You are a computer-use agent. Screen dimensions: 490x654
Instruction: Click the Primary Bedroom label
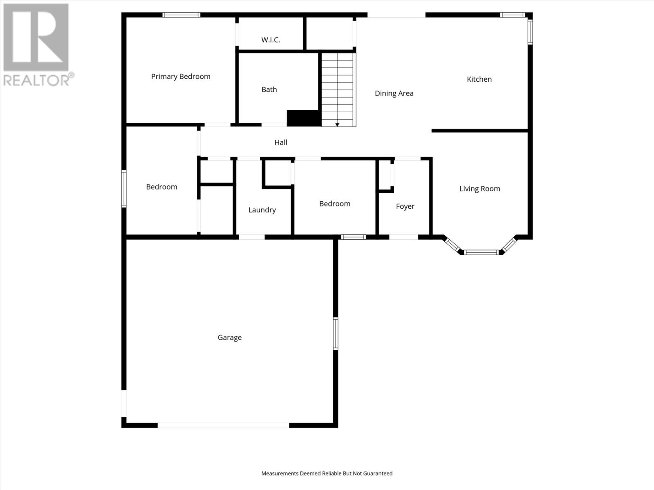[181, 76]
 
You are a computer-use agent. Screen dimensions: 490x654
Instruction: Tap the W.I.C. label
[271, 40]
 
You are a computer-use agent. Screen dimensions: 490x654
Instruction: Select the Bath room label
[269, 89]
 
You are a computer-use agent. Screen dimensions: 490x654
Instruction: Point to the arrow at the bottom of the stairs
[337, 124]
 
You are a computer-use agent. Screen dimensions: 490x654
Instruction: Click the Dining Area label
[394, 93]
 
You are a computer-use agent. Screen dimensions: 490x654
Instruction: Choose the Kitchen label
[479, 79]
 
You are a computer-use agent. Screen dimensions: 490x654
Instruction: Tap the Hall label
[280, 142]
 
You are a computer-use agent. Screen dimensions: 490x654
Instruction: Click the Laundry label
[262, 210]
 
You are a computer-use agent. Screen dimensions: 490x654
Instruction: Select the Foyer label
[405, 206]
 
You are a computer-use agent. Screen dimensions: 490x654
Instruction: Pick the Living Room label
[479, 189]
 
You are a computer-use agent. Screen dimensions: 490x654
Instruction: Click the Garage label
[229, 337]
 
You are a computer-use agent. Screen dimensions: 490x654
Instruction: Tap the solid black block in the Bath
[303, 118]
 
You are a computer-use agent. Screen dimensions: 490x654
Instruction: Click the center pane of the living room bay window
[482, 252]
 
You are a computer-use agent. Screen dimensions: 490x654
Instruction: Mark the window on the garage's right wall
[336, 334]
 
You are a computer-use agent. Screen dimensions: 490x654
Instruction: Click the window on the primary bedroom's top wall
[181, 15]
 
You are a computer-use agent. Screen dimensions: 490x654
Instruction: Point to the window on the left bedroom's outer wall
[124, 189]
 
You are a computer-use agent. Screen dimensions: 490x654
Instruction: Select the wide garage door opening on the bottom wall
[223, 425]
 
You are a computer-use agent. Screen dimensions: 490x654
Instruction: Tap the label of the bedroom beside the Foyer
[334, 204]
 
